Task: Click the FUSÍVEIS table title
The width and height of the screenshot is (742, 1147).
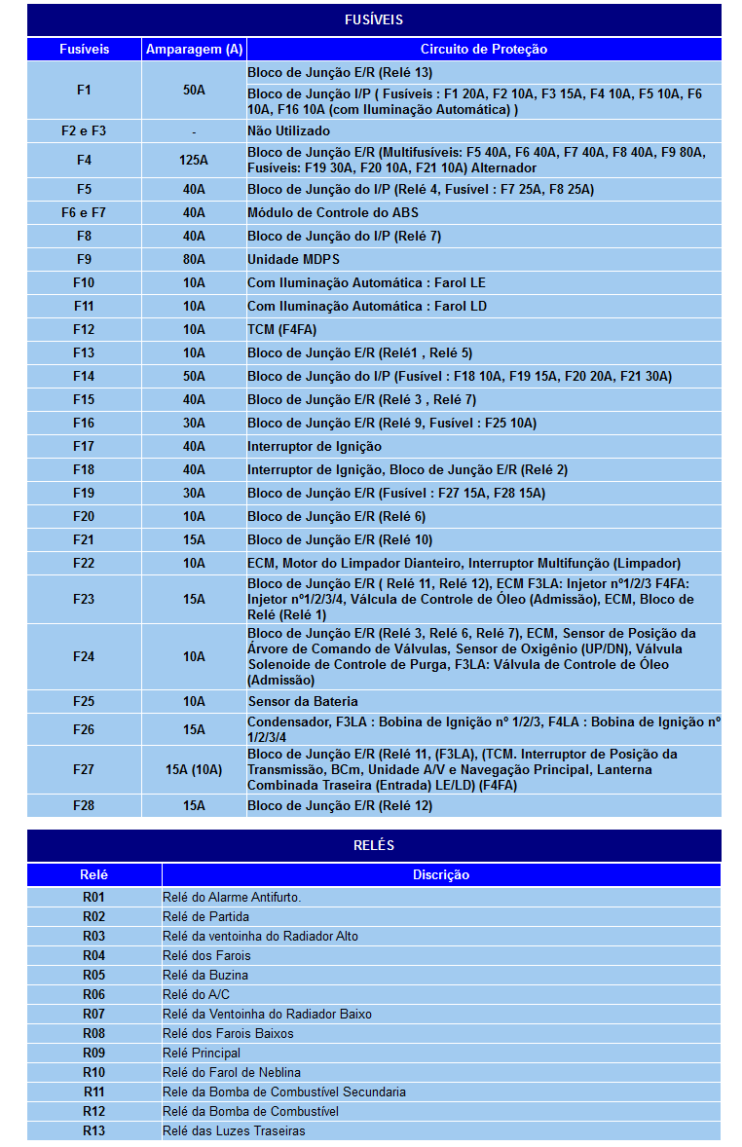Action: pos(374,19)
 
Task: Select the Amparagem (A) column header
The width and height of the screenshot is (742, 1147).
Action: pos(194,49)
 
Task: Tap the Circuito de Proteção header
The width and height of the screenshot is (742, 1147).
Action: pos(483,49)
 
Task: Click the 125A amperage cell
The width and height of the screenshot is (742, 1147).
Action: pos(194,160)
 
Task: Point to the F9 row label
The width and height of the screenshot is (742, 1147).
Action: pos(84,259)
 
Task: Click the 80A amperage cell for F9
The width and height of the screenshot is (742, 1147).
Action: pos(194,259)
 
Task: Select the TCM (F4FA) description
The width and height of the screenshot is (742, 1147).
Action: pos(281,329)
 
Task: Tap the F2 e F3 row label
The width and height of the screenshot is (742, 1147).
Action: pos(84,130)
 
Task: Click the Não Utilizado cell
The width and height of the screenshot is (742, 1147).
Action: pos(288,130)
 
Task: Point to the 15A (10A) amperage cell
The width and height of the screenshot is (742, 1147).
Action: pos(194,769)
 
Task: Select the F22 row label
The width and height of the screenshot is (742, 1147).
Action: pos(84,563)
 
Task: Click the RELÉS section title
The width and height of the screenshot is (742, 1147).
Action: pos(374,845)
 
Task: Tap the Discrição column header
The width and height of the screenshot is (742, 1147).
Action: pos(440,874)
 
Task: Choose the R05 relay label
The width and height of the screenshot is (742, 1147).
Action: pos(93,975)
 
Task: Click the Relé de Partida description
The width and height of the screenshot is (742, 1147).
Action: pos(205,916)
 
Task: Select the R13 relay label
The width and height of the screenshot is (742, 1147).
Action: pos(93,1130)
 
